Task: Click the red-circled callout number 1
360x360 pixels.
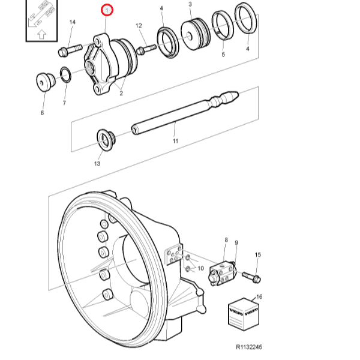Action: (107, 10)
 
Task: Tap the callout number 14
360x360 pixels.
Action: (72, 22)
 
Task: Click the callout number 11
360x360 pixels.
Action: (175, 141)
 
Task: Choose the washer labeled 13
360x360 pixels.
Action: (107, 140)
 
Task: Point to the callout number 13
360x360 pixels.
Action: (97, 163)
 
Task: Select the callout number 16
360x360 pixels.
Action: (259, 296)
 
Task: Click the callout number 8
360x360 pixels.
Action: (226, 241)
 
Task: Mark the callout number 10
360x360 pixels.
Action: (201, 268)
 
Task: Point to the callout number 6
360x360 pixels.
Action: (42, 112)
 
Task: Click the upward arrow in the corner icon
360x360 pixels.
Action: (41, 34)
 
